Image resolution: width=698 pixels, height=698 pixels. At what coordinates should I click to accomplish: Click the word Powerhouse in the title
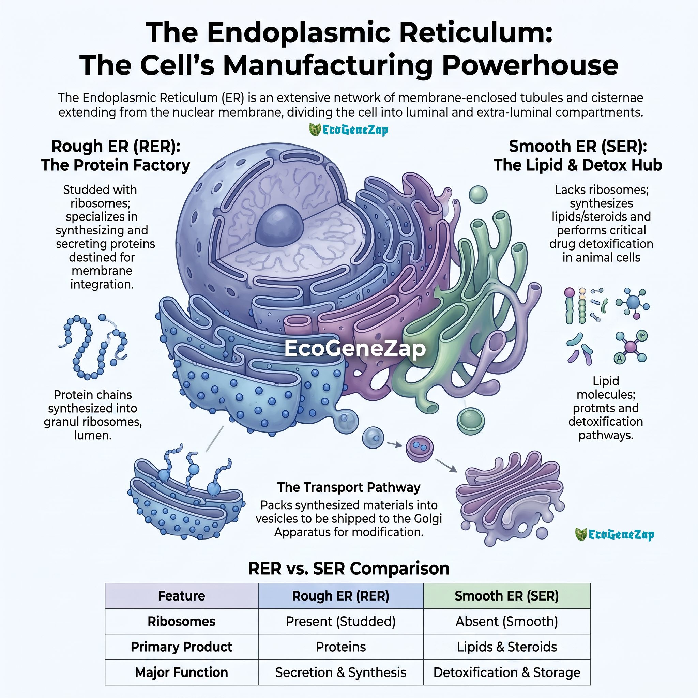click(x=530, y=65)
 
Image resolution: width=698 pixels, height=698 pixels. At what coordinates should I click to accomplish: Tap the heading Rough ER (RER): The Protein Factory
click(x=116, y=156)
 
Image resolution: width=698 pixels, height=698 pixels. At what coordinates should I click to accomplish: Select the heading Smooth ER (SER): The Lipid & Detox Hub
click(x=578, y=156)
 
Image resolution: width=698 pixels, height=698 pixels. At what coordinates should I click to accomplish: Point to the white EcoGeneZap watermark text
click(x=355, y=348)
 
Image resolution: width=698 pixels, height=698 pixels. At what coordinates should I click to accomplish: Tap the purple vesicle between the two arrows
click(x=420, y=449)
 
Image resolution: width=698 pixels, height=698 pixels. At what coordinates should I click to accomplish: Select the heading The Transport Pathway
click(x=349, y=487)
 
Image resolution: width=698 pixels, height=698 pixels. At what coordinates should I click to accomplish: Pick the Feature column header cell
click(x=182, y=596)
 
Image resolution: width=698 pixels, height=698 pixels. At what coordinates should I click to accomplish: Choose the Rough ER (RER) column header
click(x=341, y=596)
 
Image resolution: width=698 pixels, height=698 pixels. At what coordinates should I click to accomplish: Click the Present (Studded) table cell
click(x=341, y=621)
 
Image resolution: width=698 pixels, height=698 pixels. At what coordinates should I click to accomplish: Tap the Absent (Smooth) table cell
click(x=507, y=621)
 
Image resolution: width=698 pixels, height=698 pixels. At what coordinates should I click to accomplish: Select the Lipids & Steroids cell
click(x=507, y=647)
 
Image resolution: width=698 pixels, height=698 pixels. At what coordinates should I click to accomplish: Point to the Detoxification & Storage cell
click(x=507, y=672)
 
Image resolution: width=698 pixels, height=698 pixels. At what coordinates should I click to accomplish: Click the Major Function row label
click(x=182, y=672)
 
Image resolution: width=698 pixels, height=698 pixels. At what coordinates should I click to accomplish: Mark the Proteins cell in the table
click(x=341, y=647)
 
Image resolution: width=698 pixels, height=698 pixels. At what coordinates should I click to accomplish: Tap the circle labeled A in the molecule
click(x=620, y=359)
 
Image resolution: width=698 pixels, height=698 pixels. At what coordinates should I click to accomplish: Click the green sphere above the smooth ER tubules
click(x=478, y=194)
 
